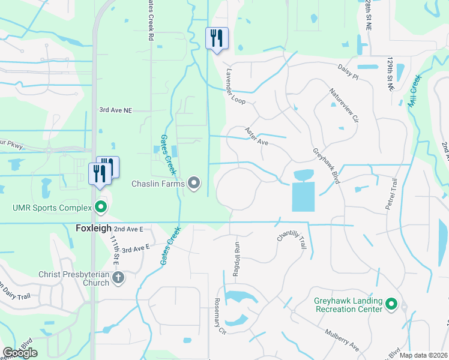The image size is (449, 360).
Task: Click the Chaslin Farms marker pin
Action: [194, 182]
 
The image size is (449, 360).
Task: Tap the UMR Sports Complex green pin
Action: [101, 208]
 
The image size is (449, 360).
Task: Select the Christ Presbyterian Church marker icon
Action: [118, 277]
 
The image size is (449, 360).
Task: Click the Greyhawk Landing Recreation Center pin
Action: [391, 304]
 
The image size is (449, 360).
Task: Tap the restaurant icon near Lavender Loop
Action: [215, 38]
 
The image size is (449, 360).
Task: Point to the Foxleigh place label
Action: [93, 229]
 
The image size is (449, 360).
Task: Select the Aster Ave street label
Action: [256, 136]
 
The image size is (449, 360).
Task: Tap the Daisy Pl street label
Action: [348, 73]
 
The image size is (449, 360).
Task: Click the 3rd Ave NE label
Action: [115, 110]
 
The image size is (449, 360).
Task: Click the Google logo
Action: [20, 353]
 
